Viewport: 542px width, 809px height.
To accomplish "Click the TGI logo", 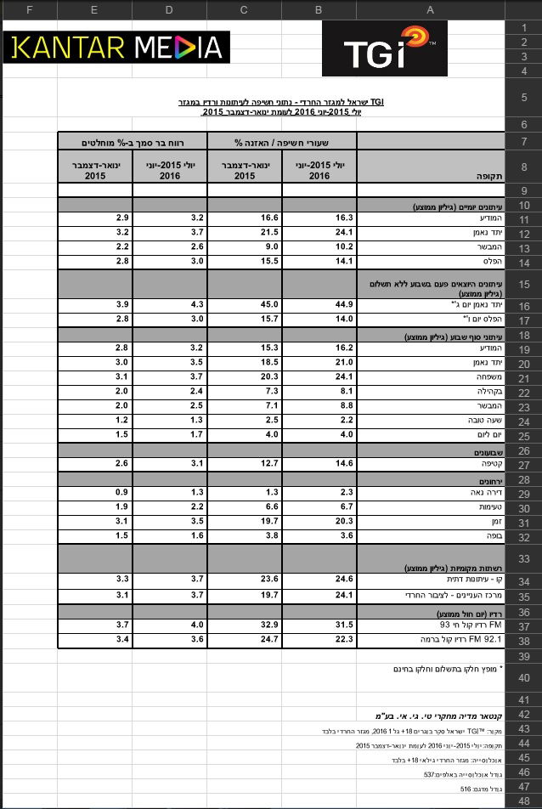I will [384, 48].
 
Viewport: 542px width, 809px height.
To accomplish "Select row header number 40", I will [522, 676].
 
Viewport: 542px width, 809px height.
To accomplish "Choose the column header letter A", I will [431, 9].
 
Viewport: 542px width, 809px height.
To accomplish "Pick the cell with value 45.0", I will [244, 304].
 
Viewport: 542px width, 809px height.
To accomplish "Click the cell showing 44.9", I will [318, 304].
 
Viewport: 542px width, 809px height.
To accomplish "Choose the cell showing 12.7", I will [244, 464].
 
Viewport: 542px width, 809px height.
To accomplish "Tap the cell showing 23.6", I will [244, 580].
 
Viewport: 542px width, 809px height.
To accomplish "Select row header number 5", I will [522, 99].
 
